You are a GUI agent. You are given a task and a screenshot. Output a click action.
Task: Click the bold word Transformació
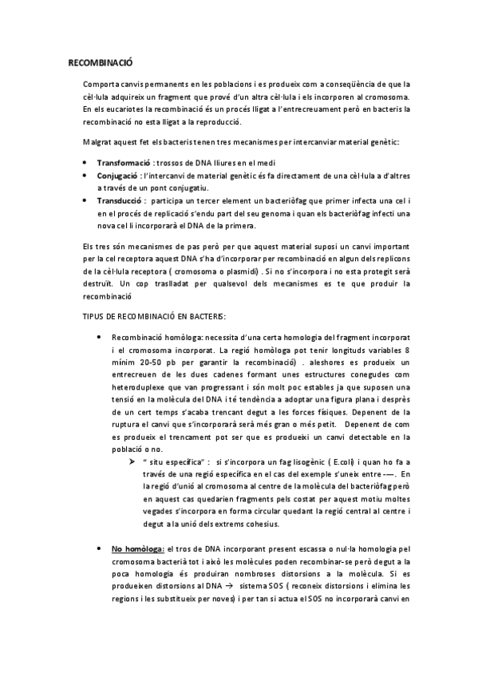pos(122,162)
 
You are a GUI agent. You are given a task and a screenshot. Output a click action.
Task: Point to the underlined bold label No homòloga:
pos(137,572)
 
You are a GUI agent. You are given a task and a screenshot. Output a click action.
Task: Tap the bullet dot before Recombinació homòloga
pos(97,338)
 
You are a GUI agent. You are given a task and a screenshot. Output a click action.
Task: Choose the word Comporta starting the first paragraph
pos(100,85)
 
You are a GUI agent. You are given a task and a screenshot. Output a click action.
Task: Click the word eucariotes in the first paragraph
pos(125,109)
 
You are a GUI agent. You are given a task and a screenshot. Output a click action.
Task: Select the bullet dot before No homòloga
pos(97,572)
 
